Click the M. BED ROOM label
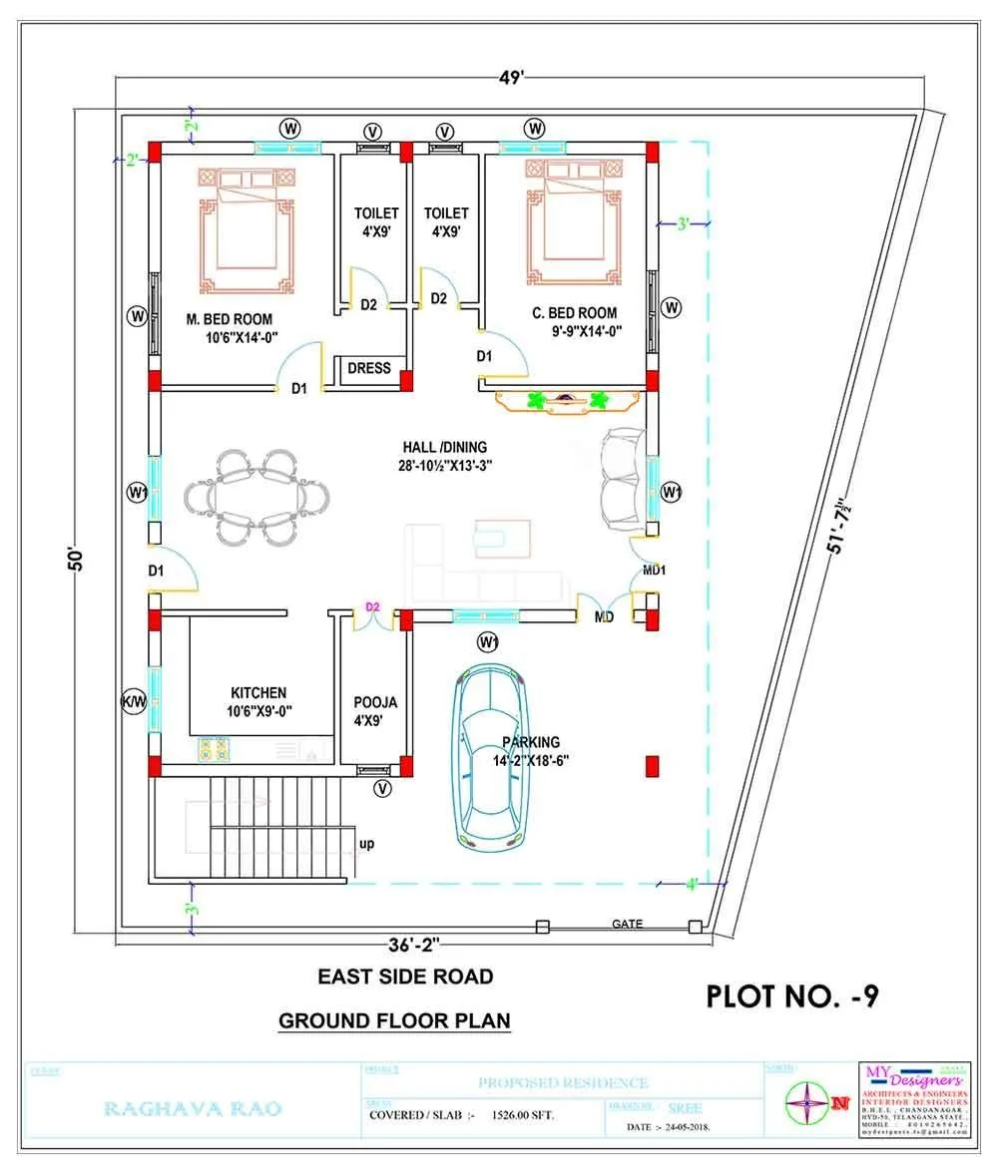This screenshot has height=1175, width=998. click(230, 319)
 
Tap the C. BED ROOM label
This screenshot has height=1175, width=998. click(574, 313)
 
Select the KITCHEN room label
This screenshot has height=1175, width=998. click(258, 692)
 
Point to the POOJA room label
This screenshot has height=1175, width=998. click(375, 702)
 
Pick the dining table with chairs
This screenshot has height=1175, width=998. click(256, 496)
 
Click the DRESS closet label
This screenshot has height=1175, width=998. click(369, 368)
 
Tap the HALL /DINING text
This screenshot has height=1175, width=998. click(445, 447)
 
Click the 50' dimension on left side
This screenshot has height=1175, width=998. click(75, 558)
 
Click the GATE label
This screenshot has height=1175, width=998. click(627, 925)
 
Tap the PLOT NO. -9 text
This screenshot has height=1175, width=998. click(791, 995)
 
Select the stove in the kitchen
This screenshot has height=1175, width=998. click(213, 748)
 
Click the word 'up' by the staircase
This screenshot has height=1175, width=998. click(367, 844)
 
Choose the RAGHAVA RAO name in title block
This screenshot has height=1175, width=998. click(193, 1108)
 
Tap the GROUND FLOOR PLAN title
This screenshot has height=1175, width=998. click(394, 1020)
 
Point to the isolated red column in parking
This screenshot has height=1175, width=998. click(652, 766)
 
